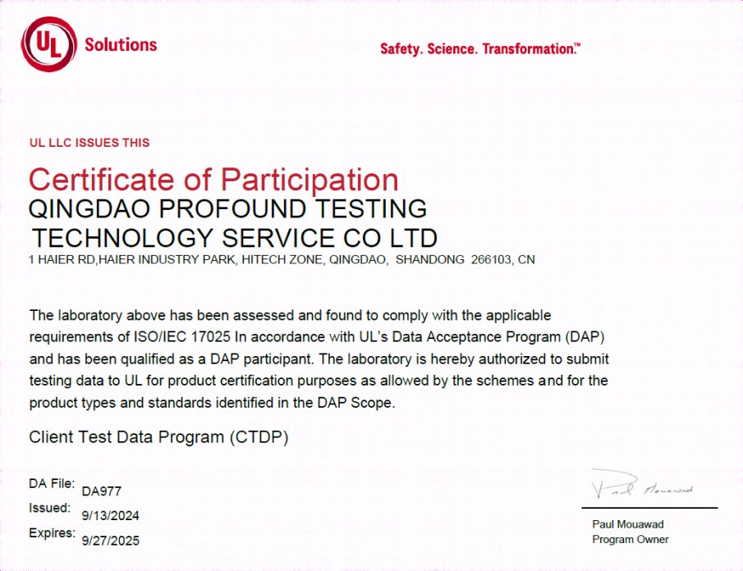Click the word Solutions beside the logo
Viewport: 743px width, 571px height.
(121, 44)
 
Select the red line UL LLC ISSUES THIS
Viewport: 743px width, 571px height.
(89, 143)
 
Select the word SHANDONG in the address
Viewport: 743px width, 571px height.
(430, 260)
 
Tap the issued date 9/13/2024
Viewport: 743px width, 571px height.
(111, 516)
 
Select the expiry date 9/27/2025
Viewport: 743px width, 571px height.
(111, 541)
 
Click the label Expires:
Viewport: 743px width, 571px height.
(52, 533)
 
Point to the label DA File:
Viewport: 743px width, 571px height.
(52, 483)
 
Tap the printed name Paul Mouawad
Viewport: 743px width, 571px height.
(628, 524)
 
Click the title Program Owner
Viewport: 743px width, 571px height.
(631, 539)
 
